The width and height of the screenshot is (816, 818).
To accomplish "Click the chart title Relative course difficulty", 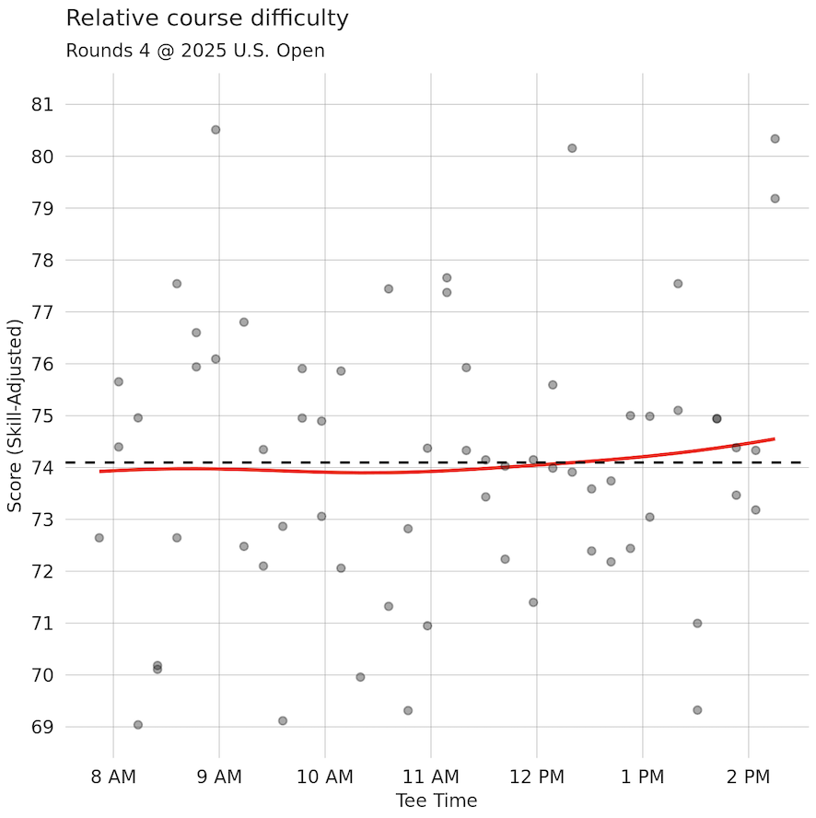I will [x=207, y=18].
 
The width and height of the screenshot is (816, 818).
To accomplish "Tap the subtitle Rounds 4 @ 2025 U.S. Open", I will [x=195, y=51].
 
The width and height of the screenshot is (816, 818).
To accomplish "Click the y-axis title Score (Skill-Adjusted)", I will [x=15, y=416].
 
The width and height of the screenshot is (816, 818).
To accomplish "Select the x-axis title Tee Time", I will [x=437, y=800].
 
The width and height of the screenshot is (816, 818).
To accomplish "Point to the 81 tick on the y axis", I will [x=42, y=105].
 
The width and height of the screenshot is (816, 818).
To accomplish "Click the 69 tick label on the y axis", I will [x=42, y=727].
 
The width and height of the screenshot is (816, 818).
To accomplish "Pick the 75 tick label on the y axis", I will [x=42, y=416].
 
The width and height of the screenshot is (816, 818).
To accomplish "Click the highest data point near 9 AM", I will [x=216, y=130].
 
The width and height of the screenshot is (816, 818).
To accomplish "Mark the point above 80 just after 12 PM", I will [x=572, y=148].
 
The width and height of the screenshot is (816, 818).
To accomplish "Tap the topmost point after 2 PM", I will [x=775, y=139].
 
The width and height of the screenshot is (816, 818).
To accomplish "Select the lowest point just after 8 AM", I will [x=138, y=725].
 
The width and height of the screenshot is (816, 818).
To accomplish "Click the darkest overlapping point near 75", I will [x=717, y=418].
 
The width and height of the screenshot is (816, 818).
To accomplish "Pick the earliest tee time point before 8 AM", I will [x=99, y=538].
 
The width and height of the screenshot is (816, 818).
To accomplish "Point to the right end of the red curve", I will [x=774, y=439].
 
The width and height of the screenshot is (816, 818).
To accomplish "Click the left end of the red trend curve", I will [x=100, y=472].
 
